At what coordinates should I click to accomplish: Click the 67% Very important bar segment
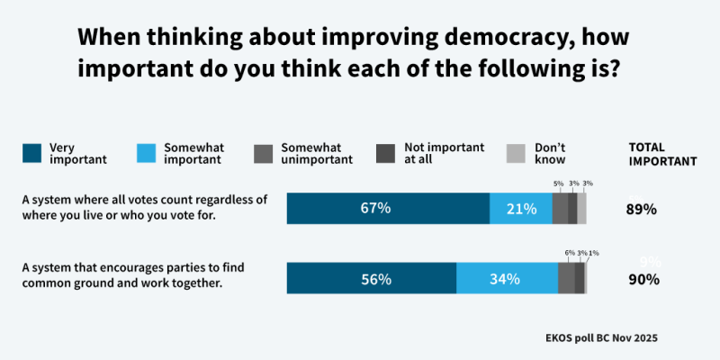click(388, 208)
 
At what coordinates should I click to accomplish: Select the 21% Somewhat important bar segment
click(520, 208)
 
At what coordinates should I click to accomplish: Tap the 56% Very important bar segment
click(371, 278)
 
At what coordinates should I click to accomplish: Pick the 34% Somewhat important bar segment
click(507, 278)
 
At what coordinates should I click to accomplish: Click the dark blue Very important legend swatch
click(31, 153)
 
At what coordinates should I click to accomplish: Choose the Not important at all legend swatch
click(386, 153)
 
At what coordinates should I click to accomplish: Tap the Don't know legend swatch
click(517, 153)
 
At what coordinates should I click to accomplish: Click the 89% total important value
click(641, 209)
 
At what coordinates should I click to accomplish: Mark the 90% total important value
click(643, 279)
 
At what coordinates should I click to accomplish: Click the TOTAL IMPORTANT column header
click(661, 154)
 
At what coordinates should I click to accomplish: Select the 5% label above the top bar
click(558, 184)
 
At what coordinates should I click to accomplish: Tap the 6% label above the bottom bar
click(569, 253)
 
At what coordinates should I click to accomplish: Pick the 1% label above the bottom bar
click(593, 253)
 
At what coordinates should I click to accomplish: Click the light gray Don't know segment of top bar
click(581, 208)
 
